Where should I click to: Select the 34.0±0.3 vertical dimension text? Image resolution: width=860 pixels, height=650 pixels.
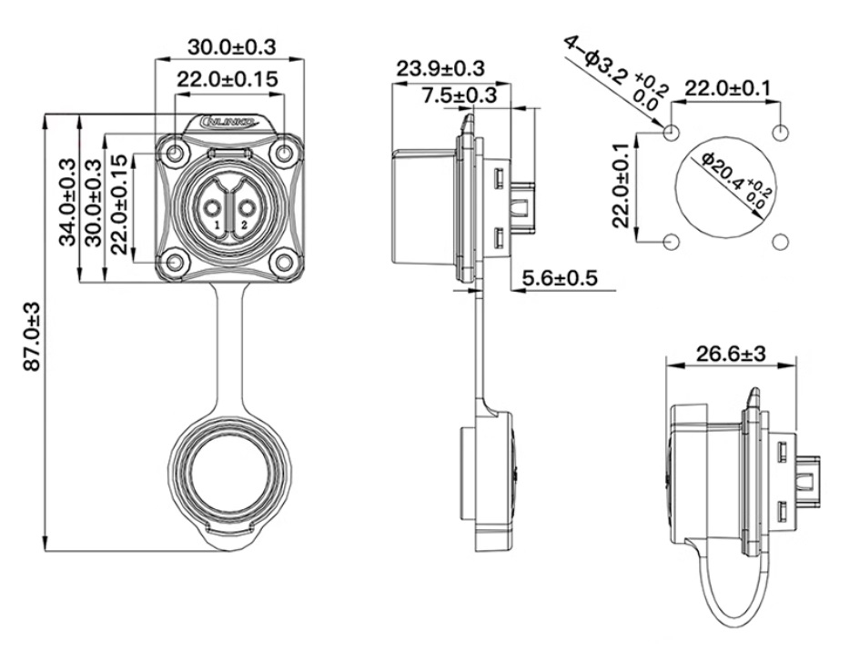tap(66, 202)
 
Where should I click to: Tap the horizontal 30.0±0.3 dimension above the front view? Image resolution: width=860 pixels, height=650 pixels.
tap(231, 45)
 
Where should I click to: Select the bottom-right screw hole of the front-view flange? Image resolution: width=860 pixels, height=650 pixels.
tap(286, 263)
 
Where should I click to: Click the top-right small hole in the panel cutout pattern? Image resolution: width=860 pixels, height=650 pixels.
tap(782, 133)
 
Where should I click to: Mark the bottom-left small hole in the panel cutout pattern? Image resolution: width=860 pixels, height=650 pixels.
tap(672, 243)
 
